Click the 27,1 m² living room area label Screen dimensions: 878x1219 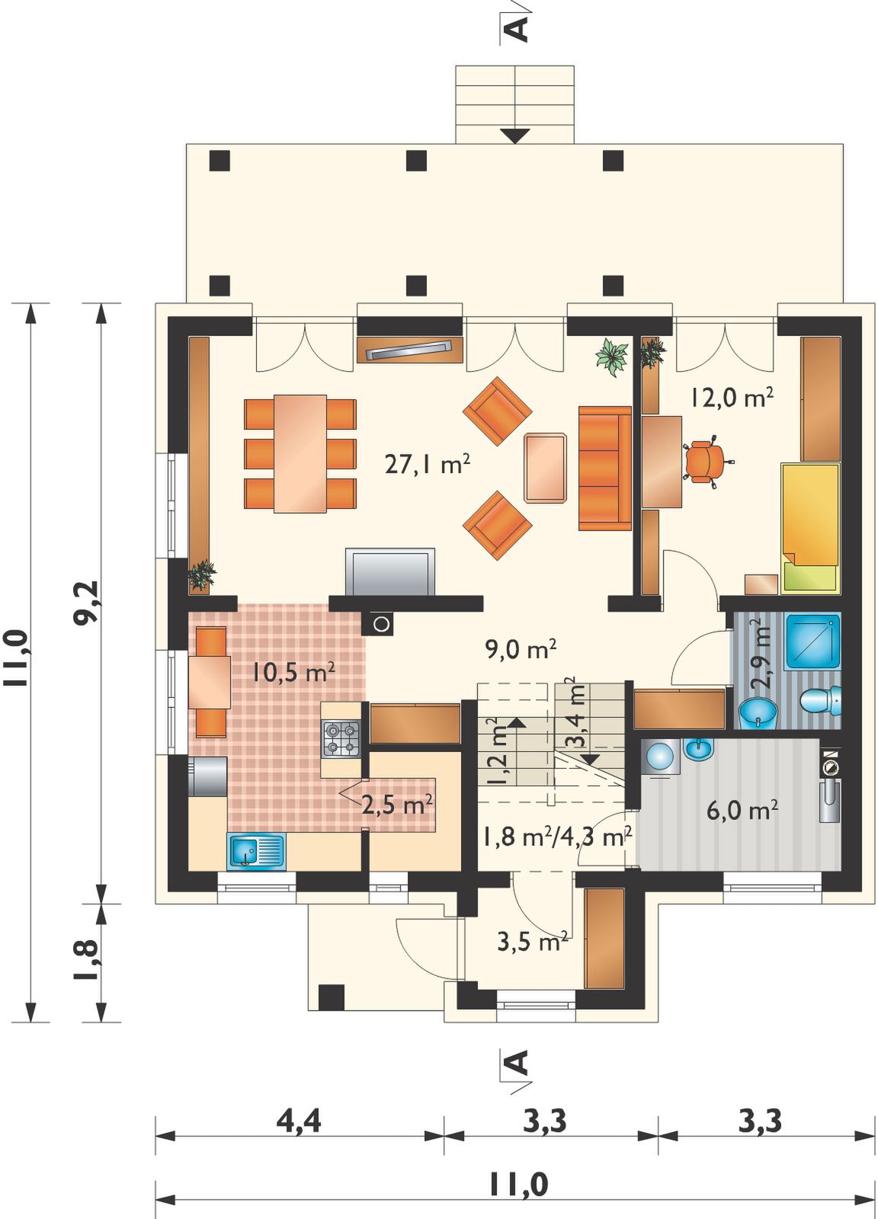(x=428, y=465)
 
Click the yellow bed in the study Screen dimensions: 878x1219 (x=810, y=527)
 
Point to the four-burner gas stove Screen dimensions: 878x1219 (x=342, y=738)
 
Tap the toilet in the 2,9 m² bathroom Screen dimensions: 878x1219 (x=822, y=700)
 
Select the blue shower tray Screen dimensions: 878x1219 (x=812, y=641)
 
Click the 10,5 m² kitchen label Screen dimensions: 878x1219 (x=293, y=673)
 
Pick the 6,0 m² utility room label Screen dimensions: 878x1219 (x=742, y=811)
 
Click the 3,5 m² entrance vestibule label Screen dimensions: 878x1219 (x=533, y=942)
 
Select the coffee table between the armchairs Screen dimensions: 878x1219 (x=545, y=467)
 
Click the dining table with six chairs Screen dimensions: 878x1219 (x=300, y=453)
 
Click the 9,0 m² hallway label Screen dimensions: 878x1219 (x=521, y=648)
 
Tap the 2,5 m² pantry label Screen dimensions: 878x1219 (x=397, y=805)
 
